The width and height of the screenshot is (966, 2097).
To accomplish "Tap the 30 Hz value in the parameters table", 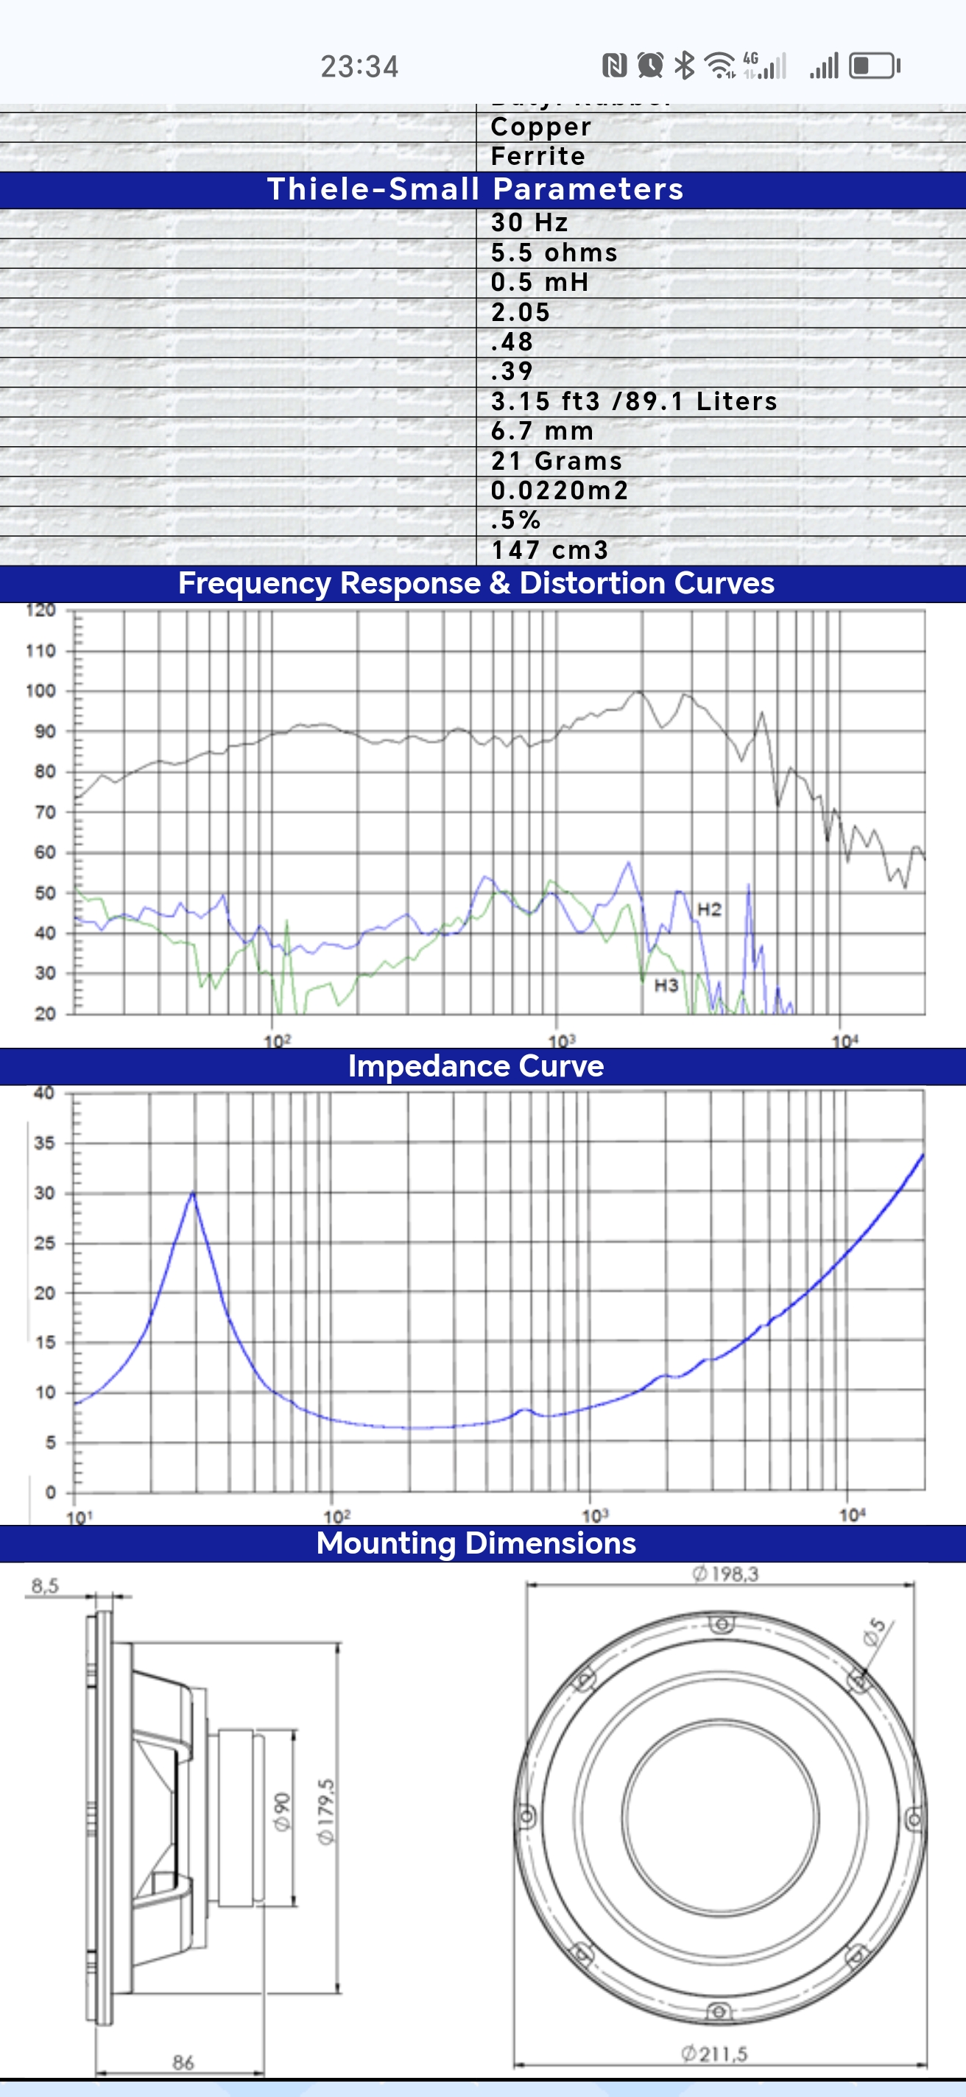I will (x=529, y=222).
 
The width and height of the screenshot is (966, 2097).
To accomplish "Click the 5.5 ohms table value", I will (x=554, y=253).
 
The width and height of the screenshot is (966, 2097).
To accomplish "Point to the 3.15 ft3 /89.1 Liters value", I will (x=633, y=401).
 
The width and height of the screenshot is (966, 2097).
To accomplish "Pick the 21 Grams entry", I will (x=556, y=461).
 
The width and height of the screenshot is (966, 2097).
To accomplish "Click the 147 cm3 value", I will (x=549, y=550).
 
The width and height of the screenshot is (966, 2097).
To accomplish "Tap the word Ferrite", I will (x=537, y=156).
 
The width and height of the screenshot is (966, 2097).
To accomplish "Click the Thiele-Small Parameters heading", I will (x=475, y=188).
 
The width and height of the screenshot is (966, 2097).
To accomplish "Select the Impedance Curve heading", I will (x=475, y=1065).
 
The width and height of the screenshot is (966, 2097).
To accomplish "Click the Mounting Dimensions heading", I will (x=475, y=1543).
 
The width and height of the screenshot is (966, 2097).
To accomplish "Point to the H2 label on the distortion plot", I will (x=709, y=909).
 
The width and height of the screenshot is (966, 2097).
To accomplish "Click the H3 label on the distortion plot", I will (x=666, y=986).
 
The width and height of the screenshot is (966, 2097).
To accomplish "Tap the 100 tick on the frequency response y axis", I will (x=40, y=691).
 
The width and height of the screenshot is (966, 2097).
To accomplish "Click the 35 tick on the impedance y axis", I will (x=44, y=1143).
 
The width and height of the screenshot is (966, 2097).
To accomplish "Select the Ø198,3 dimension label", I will (x=724, y=1573).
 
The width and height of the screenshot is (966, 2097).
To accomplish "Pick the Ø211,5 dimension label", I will (x=713, y=2053).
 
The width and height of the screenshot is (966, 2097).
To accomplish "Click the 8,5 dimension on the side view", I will (x=45, y=1585).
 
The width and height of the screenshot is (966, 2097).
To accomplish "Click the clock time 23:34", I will (x=359, y=66).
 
